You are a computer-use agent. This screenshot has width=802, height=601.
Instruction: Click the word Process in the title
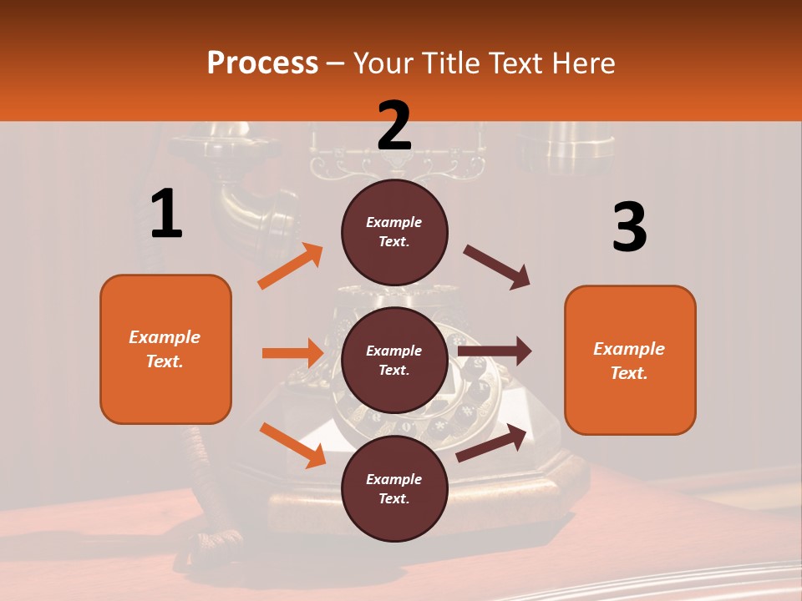point(262,63)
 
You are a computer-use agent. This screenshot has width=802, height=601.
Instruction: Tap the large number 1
point(166,214)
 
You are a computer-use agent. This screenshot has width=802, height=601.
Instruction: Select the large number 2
point(394,125)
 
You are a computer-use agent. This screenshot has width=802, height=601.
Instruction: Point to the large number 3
point(629,228)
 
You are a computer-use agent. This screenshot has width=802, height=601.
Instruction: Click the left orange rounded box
point(165,349)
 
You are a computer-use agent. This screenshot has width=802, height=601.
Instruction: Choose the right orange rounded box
point(630,360)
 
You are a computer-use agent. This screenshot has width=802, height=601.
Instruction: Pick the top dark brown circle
point(394,232)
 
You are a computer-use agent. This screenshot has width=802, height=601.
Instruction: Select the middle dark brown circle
point(394,360)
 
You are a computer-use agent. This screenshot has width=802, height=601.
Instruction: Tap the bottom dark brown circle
point(394,488)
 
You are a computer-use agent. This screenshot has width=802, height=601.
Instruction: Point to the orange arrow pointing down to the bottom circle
point(292,444)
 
